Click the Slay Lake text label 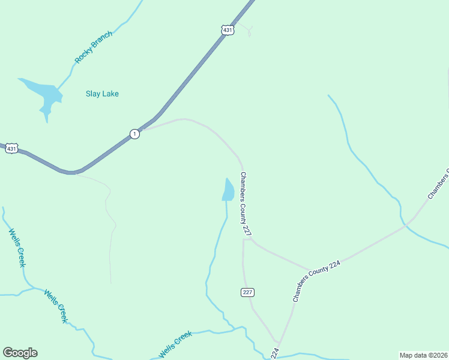click(102, 94)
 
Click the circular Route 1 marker click(135, 134)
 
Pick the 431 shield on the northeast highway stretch click(227, 29)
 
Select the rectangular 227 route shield click(249, 292)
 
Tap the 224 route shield click(276, 353)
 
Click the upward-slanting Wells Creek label click(175, 345)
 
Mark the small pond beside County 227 click(228, 190)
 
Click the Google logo click(20, 353)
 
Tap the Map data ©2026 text click(424, 355)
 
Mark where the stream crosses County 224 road click(406, 225)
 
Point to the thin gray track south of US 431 click(110, 240)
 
